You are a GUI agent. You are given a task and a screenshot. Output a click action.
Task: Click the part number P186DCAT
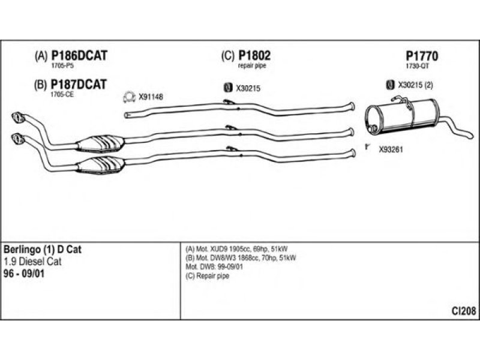tap(79, 56)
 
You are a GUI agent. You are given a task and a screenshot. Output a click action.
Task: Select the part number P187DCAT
tap(79, 84)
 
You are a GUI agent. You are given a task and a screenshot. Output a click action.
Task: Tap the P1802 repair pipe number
tap(254, 56)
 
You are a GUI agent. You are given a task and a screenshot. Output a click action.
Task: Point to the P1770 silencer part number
tap(422, 56)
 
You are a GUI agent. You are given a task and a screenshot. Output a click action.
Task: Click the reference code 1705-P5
tap(62, 66)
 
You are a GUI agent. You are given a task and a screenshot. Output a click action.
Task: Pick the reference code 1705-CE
tap(62, 95)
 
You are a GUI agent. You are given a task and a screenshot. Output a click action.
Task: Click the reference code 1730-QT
tap(417, 66)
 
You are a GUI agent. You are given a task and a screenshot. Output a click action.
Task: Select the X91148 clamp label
tap(151, 97)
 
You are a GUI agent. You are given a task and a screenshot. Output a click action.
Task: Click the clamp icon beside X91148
tap(129, 97)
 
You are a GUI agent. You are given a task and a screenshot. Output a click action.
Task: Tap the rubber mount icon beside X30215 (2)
tap(391, 85)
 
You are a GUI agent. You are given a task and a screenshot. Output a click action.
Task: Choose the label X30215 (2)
tap(415, 85)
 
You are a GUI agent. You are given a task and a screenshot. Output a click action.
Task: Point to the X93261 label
tap(391, 149)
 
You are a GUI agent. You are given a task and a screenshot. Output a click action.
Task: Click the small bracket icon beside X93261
tap(367, 146)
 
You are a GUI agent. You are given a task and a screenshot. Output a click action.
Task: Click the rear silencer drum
tap(403, 116)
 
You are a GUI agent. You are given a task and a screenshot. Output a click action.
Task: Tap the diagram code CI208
tap(464, 311)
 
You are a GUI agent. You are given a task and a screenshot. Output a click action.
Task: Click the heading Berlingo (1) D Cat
tap(43, 250)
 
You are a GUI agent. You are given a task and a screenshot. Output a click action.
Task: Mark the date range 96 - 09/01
tap(24, 274)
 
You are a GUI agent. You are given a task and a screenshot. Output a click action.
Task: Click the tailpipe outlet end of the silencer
tap(470, 135)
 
